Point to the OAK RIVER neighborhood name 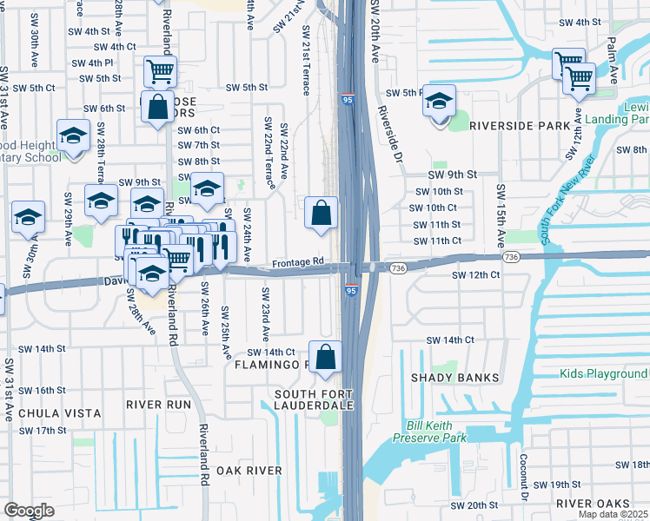pos(249,471)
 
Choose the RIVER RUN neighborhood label pos(157,405)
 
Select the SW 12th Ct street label pos(475,274)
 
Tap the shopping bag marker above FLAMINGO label pos(325,357)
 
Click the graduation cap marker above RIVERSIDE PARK pos(440,102)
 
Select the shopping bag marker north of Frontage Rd pos(322,213)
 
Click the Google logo pos(30,511)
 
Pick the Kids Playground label pos(604,373)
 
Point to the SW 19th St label pos(557,484)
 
